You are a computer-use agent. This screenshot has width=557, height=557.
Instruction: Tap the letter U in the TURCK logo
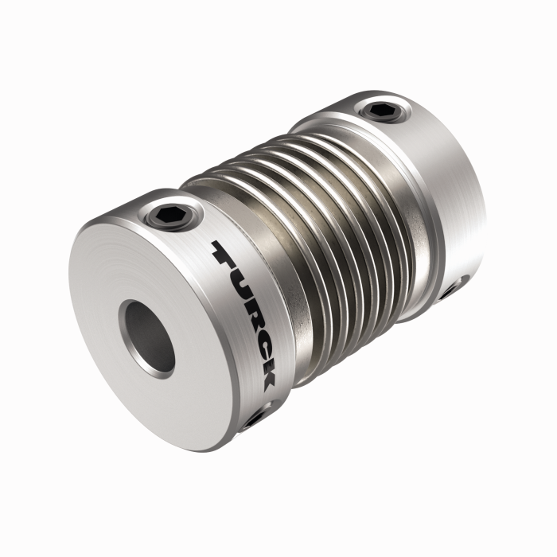242,282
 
